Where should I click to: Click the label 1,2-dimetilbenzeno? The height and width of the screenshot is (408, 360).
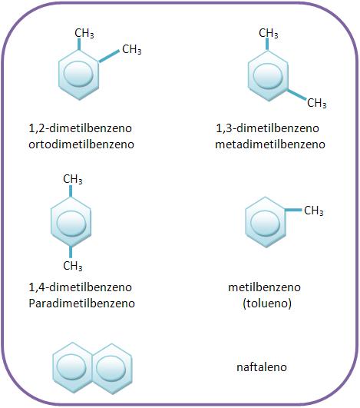[x=80, y=128]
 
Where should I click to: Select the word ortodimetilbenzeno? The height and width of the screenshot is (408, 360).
[x=81, y=144]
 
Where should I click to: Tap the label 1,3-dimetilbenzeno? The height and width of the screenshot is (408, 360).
[x=267, y=128]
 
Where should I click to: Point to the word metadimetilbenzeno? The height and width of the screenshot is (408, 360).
[x=270, y=144]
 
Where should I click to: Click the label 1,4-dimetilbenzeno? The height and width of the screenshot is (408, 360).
[x=80, y=287]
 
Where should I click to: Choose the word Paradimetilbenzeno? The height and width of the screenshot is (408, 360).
[x=81, y=304]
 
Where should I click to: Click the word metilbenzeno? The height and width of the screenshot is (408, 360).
[x=264, y=287]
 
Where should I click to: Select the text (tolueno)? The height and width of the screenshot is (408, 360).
[x=267, y=304]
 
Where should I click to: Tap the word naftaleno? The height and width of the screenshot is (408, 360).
[x=262, y=367]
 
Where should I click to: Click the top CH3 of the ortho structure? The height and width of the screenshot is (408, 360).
[x=84, y=33]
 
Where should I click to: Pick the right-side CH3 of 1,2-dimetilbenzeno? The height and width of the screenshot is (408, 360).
[x=132, y=49]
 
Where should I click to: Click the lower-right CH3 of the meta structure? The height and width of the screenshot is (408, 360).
[x=316, y=103]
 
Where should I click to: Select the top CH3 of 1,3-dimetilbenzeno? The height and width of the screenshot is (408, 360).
[x=269, y=33]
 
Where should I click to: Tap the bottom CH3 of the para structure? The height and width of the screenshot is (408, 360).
[x=73, y=266]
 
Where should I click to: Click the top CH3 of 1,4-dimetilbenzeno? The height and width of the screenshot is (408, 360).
[x=73, y=179]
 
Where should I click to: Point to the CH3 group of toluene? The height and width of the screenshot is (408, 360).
[x=314, y=211]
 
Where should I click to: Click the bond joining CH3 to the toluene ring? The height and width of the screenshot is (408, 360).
[x=293, y=210]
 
